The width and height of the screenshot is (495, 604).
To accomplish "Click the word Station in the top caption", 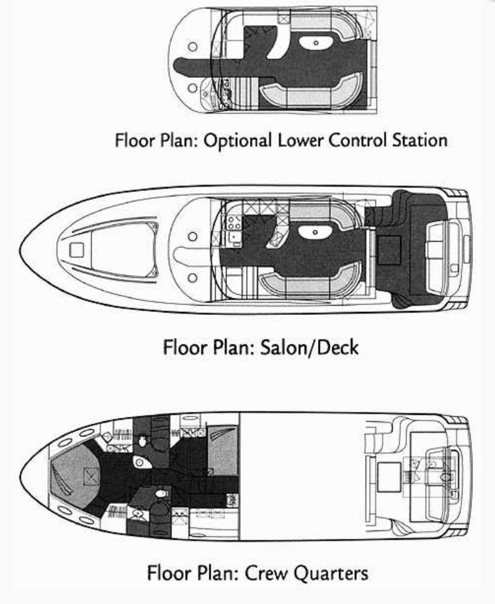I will (421, 140).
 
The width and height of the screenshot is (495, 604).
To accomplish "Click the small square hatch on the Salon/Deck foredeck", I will (77, 249).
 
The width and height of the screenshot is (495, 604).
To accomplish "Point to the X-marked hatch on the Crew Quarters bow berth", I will (92, 474).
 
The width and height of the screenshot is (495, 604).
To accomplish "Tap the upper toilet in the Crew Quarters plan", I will (143, 440).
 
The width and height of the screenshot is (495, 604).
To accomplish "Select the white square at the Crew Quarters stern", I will (388, 476).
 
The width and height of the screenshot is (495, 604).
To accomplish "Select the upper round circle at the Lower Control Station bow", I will (193, 46).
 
